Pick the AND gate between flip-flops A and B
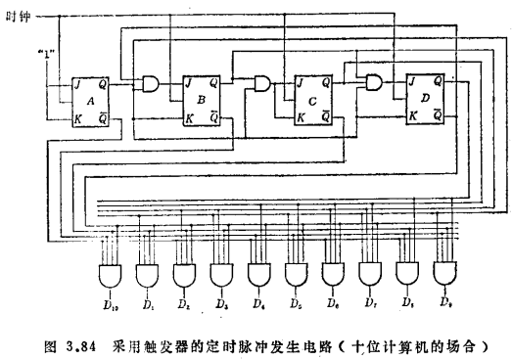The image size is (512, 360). (152, 85)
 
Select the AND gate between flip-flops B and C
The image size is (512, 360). (262, 85)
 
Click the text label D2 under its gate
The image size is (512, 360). (184, 304)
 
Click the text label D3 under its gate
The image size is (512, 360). (221, 304)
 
